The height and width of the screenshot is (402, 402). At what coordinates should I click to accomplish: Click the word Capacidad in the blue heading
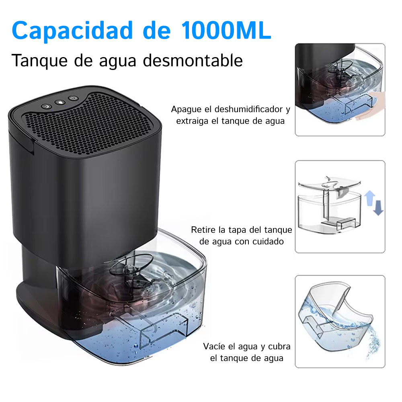72,31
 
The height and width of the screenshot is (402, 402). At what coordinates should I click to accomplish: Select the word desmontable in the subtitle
193,61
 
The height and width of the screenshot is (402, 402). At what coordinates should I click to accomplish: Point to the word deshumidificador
249,109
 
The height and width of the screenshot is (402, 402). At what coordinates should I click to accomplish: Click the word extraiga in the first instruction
192,121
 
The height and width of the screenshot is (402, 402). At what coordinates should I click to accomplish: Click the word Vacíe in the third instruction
214,347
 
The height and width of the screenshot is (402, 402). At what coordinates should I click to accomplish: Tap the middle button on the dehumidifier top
60,102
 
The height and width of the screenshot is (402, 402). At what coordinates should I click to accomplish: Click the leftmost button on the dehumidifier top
46,106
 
